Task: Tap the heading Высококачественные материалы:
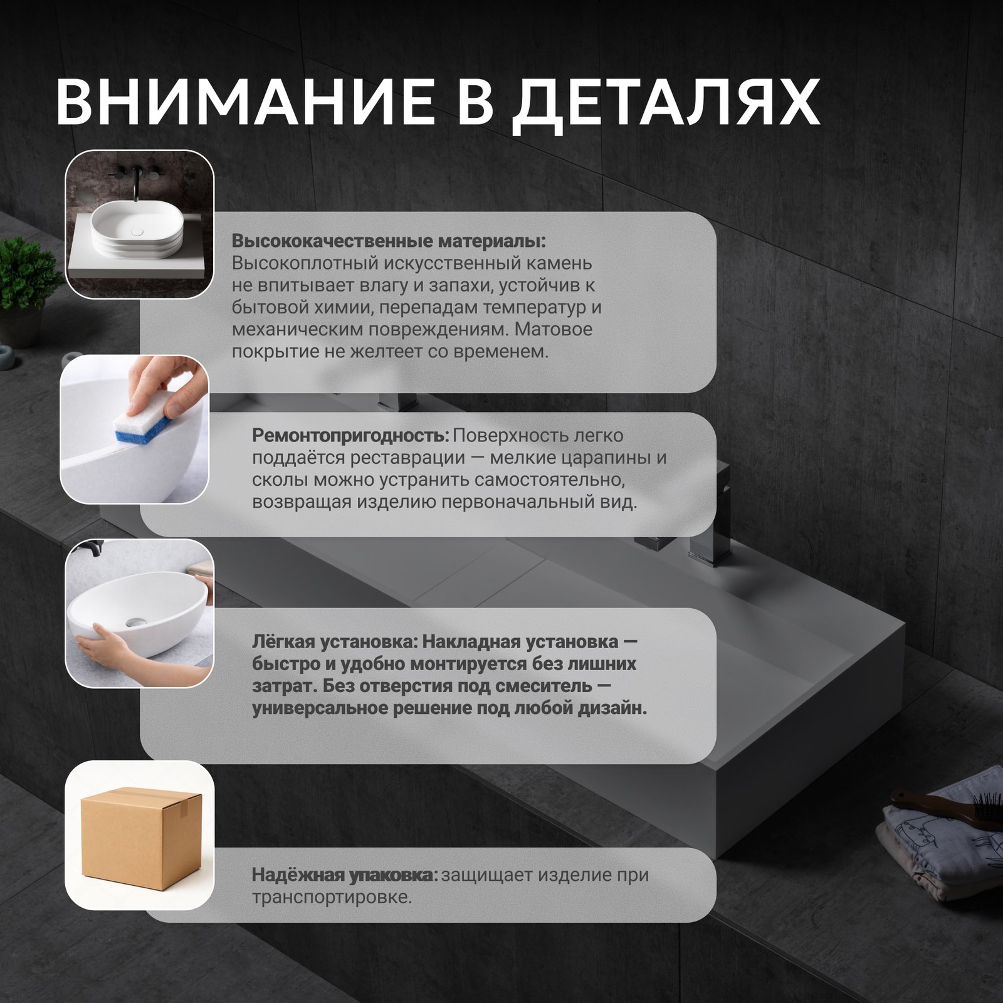click(x=389, y=241)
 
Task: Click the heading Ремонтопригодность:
click(x=350, y=435)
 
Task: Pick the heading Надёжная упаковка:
click(x=345, y=874)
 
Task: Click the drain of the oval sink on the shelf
click(x=137, y=231)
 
